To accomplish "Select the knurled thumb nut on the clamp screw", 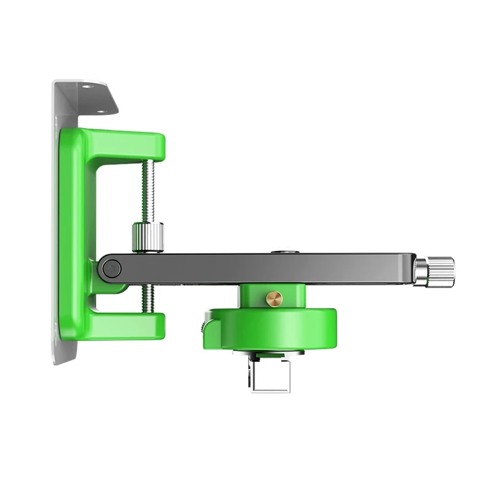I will click(x=147, y=238).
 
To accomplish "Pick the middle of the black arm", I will click(x=263, y=268).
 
